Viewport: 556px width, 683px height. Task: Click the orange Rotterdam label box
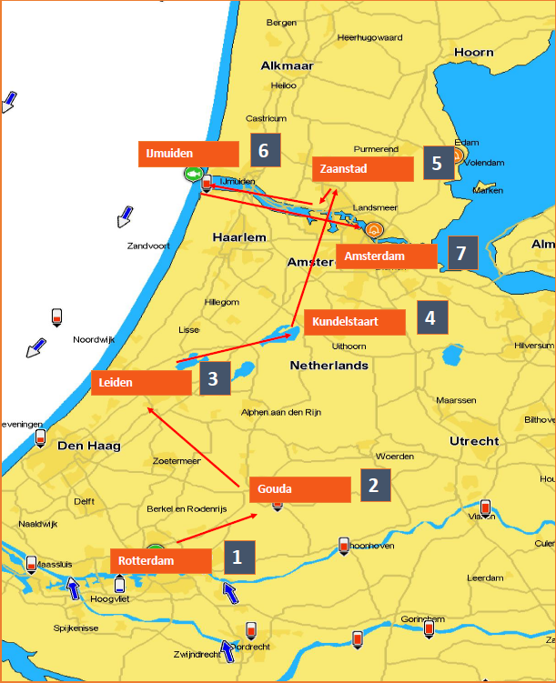pos(160,561)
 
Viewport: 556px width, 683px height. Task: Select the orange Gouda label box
pos(299,489)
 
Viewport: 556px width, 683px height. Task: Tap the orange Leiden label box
pos(141,383)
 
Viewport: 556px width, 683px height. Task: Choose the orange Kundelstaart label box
pos(354,322)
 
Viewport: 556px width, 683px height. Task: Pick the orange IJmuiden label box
pos(187,154)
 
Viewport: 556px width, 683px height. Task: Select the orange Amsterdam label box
pos(386,257)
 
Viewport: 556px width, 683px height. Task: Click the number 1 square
pos(238,557)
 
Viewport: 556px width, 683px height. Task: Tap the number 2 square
pos(374,485)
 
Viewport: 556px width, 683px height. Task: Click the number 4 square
pos(431,317)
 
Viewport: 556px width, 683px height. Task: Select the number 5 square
pos(438,164)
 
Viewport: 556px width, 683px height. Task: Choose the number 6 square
pos(264,150)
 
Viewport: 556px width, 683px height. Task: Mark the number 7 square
pos(461,252)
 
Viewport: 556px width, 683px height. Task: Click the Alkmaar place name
pos(287,65)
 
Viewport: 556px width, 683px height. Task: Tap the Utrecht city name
pos(473,441)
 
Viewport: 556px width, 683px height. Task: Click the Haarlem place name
pos(238,237)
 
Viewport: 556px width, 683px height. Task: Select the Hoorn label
pos(473,53)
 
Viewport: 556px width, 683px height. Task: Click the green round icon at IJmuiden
pos(192,174)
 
